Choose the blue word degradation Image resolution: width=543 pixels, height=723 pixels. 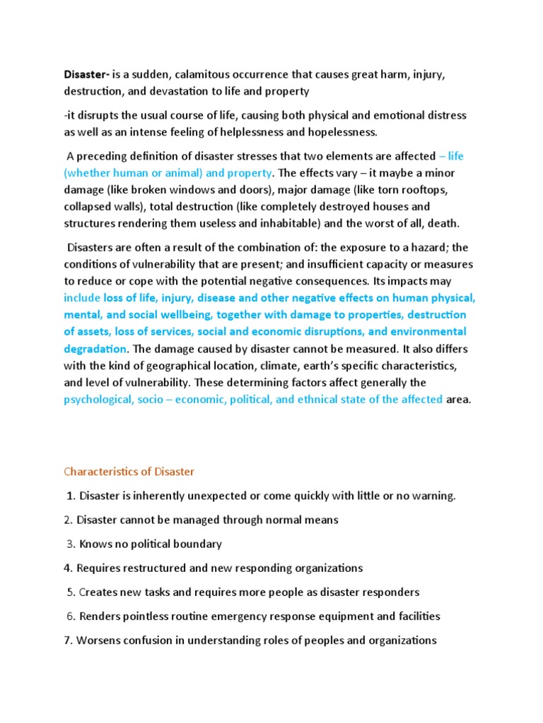click(95, 349)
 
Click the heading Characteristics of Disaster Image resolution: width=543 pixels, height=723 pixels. click(129, 471)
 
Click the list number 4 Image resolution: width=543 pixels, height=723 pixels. click(67, 568)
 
